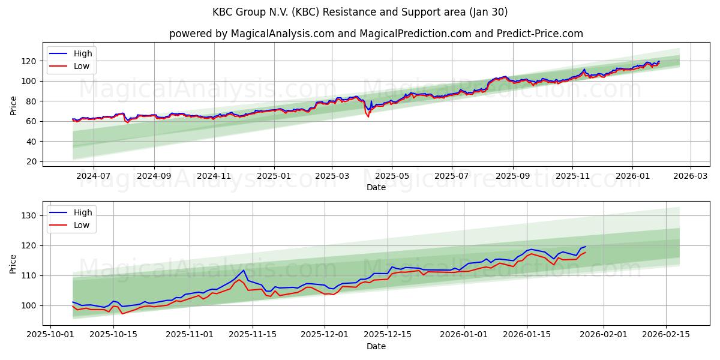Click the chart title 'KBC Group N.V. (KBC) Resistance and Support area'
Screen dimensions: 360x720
coord(360,12)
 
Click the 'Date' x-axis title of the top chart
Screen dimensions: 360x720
coord(376,187)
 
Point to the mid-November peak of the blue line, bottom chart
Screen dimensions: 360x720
coord(244,270)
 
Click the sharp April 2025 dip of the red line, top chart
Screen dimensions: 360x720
coord(368,116)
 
